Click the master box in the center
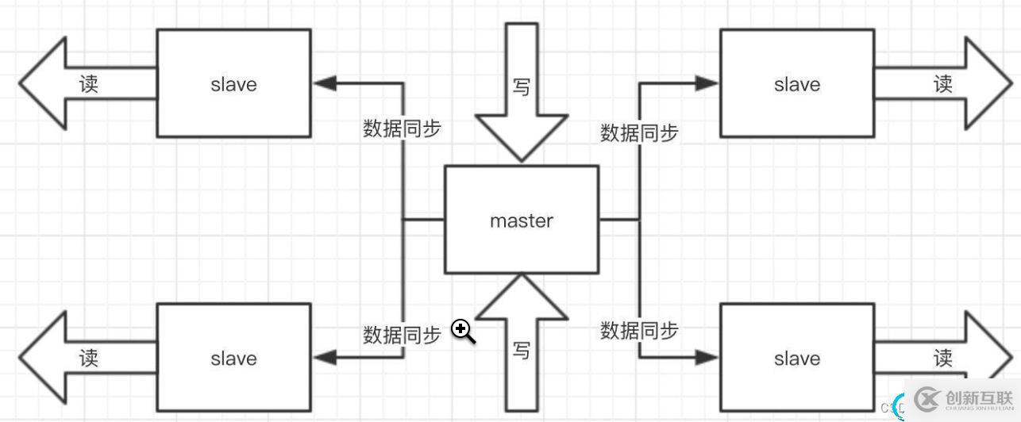(x=521, y=220)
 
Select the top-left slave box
(x=233, y=83)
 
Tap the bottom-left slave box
(x=233, y=358)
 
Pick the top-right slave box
(x=796, y=83)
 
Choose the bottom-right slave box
(x=796, y=358)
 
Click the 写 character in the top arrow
(x=521, y=86)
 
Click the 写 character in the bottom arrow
(x=521, y=350)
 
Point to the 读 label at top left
(x=89, y=83)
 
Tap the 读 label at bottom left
(x=89, y=358)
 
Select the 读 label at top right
(x=942, y=83)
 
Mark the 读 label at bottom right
(x=942, y=358)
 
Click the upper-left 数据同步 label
(x=402, y=129)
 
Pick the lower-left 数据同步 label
(x=402, y=335)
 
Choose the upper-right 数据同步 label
(x=639, y=132)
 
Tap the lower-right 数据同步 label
(x=639, y=329)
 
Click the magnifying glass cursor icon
(x=463, y=332)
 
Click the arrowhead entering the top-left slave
(x=324, y=82)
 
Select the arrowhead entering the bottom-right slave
(x=707, y=358)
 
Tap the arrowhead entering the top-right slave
(x=707, y=82)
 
